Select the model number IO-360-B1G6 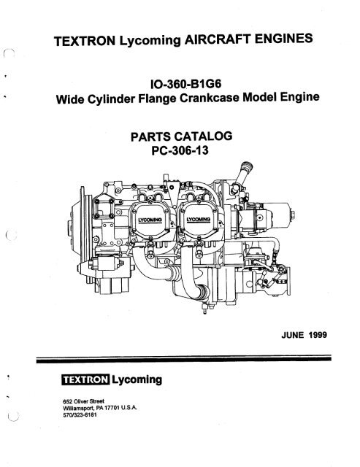[186, 84]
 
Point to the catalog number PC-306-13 [180, 150]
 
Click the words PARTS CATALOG [182, 136]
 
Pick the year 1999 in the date [318, 335]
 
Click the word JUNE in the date [292, 335]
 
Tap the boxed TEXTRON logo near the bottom [85, 379]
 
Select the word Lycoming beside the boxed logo [137, 380]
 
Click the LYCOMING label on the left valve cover [150, 220]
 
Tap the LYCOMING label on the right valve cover [199, 220]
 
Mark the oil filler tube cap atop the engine [247, 167]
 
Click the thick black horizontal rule [184, 359]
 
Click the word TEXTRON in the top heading [85, 41]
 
